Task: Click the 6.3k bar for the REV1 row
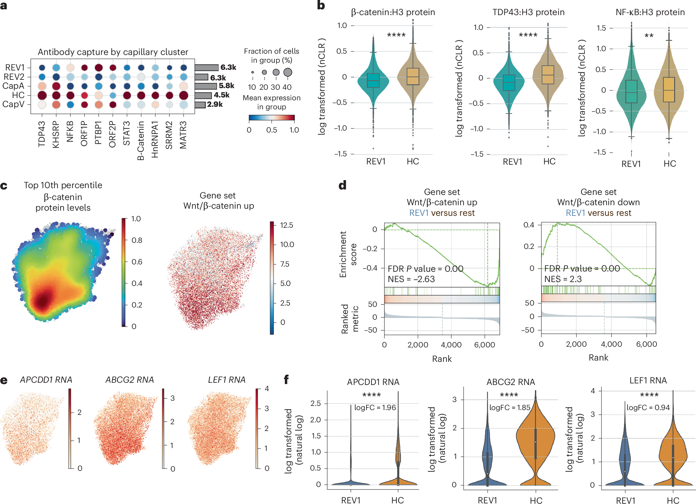[206, 68]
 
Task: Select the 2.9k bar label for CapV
[215, 104]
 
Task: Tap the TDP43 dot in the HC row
[42, 95]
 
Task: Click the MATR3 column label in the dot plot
[183, 135]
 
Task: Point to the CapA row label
[14, 86]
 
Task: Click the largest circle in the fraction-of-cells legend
[288, 72]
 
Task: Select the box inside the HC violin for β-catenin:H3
[413, 77]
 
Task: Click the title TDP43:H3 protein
[528, 12]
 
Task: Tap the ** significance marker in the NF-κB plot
[649, 36]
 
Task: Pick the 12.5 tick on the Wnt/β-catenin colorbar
[286, 225]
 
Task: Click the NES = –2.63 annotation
[411, 279]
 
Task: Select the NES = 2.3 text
[563, 279]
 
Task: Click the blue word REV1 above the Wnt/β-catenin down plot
[575, 213]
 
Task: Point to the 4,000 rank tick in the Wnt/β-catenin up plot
[451, 345]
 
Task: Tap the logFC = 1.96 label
[375, 408]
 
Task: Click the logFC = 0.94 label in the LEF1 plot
[648, 408]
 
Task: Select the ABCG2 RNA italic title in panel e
[130, 380]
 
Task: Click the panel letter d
[342, 185]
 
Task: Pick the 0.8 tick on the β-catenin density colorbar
[137, 240]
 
